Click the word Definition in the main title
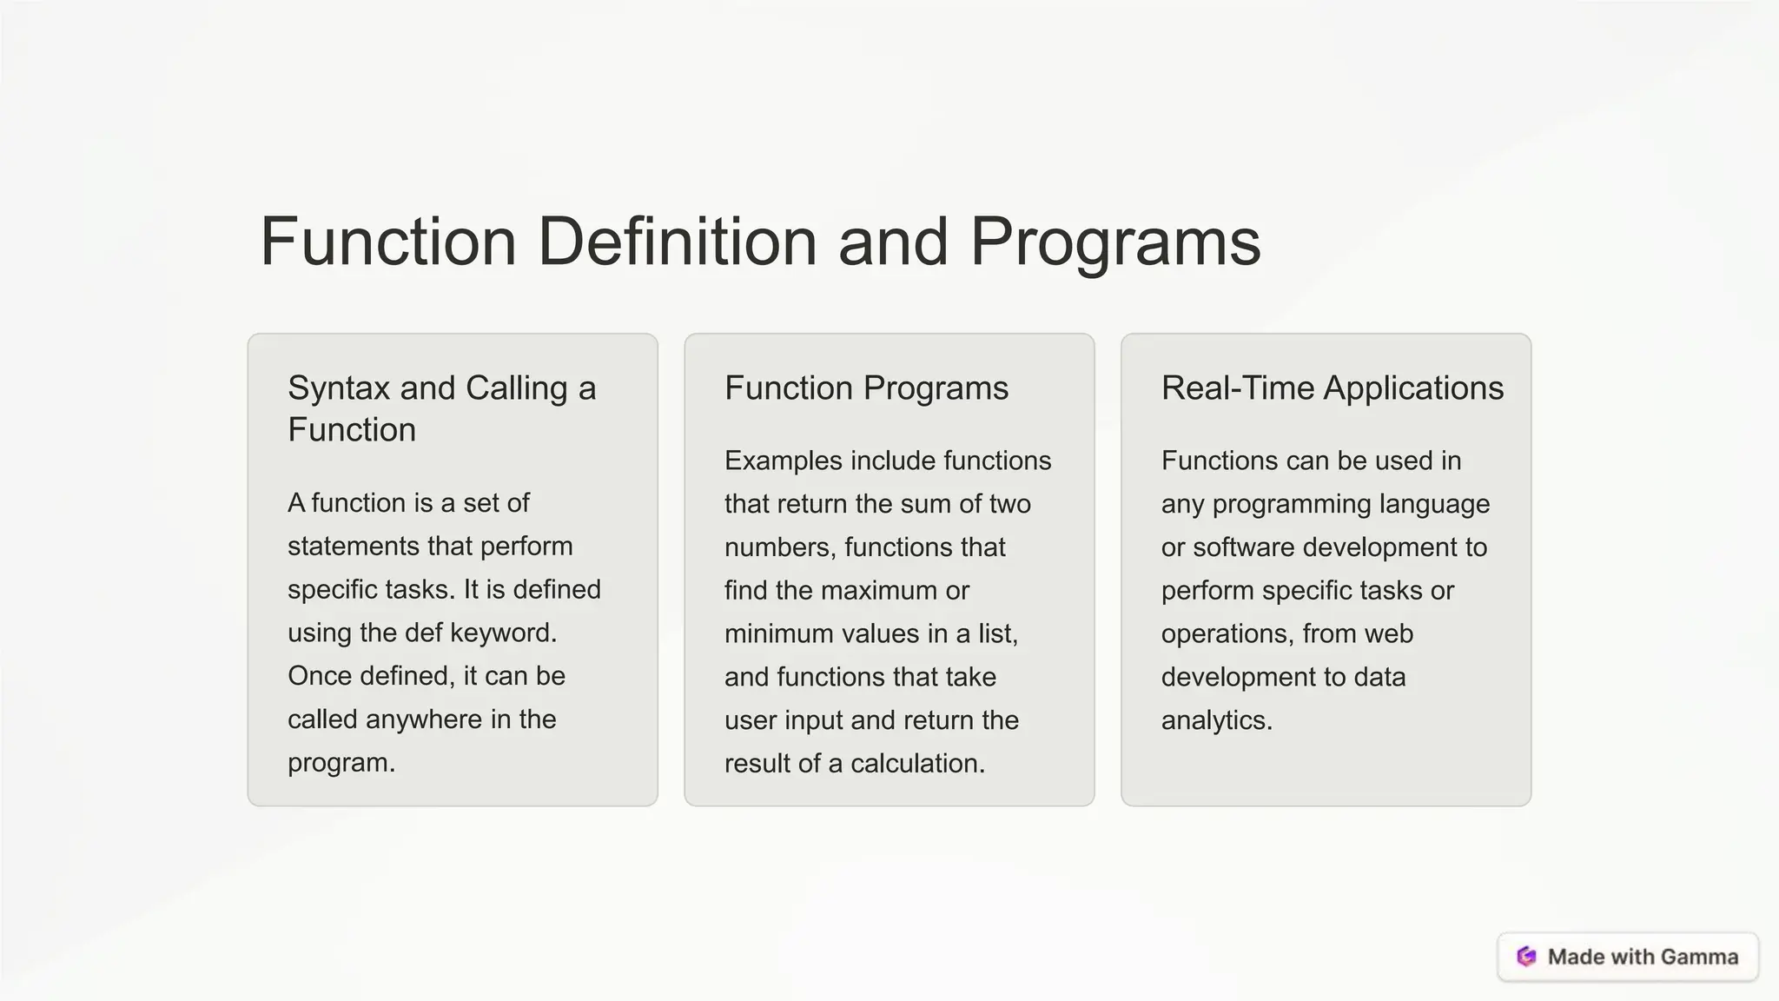pyautogui.click(x=677, y=242)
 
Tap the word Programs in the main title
pyautogui.click(x=1114, y=242)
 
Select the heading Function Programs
pyautogui.click(x=866, y=388)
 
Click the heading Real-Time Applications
pyautogui.click(x=1332, y=388)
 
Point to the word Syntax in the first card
pyautogui.click(x=338, y=388)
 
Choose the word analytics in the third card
pyautogui.click(x=1215, y=720)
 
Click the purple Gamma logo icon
pyautogui.click(x=1526, y=957)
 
